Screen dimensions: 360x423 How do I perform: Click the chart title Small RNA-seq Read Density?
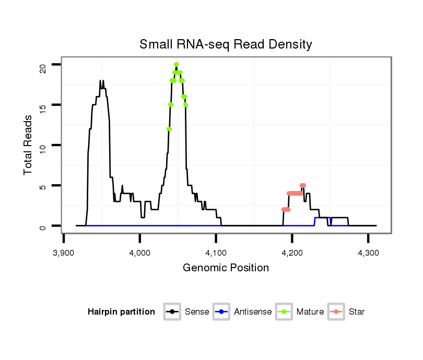(226, 44)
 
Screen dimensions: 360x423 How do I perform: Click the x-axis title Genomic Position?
(226, 268)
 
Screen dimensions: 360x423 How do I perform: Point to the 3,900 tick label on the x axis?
(64, 253)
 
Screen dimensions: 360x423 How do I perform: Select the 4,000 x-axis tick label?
(139, 253)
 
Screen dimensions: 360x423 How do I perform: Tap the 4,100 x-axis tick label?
(216, 253)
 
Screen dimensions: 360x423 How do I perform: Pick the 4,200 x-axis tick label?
(292, 253)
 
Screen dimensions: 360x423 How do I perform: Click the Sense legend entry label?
(197, 312)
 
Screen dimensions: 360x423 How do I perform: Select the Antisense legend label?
(253, 312)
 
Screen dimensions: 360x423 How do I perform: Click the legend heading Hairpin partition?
(121, 312)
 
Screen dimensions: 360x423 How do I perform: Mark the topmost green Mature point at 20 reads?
(177, 65)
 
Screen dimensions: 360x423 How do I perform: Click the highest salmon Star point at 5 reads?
(303, 185)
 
